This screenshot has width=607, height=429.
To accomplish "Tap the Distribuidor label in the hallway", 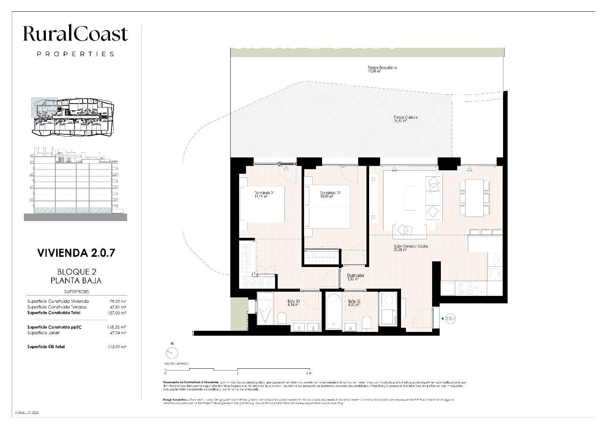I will pos(355,277).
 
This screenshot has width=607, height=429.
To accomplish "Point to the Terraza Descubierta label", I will pos(382,69).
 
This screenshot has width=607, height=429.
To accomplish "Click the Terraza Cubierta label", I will pos(405,119).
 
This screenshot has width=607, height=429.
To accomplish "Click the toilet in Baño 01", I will pos(282,319).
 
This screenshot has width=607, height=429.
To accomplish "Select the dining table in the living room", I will pos(474,198).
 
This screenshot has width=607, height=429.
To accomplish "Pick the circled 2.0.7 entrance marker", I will pos(450,319).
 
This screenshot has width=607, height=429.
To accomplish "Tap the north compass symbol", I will pos(172,353).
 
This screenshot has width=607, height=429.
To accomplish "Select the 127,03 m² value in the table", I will pos(117,313).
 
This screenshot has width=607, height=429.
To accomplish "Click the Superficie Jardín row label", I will pos(44,333).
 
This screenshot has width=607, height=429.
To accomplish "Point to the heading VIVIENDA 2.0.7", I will pos(76,253).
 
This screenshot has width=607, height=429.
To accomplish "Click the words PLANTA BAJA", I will pos(76,281).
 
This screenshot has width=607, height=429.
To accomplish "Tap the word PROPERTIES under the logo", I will pos(75,54).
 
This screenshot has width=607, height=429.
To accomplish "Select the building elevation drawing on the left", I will pos(75,184).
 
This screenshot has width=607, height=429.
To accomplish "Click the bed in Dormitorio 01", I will pos(263,204).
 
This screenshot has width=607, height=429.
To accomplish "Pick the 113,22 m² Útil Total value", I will pos(117,347).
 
